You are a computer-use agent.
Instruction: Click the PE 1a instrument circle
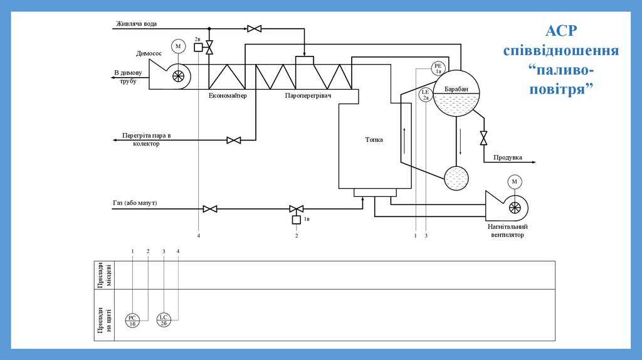(438, 68)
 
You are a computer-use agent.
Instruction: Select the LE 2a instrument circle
(426, 95)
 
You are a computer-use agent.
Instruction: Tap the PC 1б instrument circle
(133, 320)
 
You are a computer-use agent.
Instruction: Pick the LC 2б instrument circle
(163, 320)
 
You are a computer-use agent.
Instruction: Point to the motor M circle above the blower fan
(515, 182)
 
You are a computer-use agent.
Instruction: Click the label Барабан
(456, 90)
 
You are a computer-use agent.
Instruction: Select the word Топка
(374, 140)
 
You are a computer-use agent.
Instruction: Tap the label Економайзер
(228, 96)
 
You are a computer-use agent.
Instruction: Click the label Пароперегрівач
(308, 96)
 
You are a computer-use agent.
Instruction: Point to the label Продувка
(508, 157)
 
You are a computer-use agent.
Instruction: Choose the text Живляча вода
(136, 24)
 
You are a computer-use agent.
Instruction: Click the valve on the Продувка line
(483, 138)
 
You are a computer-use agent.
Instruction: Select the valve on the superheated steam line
(234, 140)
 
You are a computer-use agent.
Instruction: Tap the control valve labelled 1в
(295, 209)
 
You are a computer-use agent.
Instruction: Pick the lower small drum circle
(456, 178)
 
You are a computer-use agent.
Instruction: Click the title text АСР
(562, 32)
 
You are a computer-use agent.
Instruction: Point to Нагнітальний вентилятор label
(508, 230)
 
